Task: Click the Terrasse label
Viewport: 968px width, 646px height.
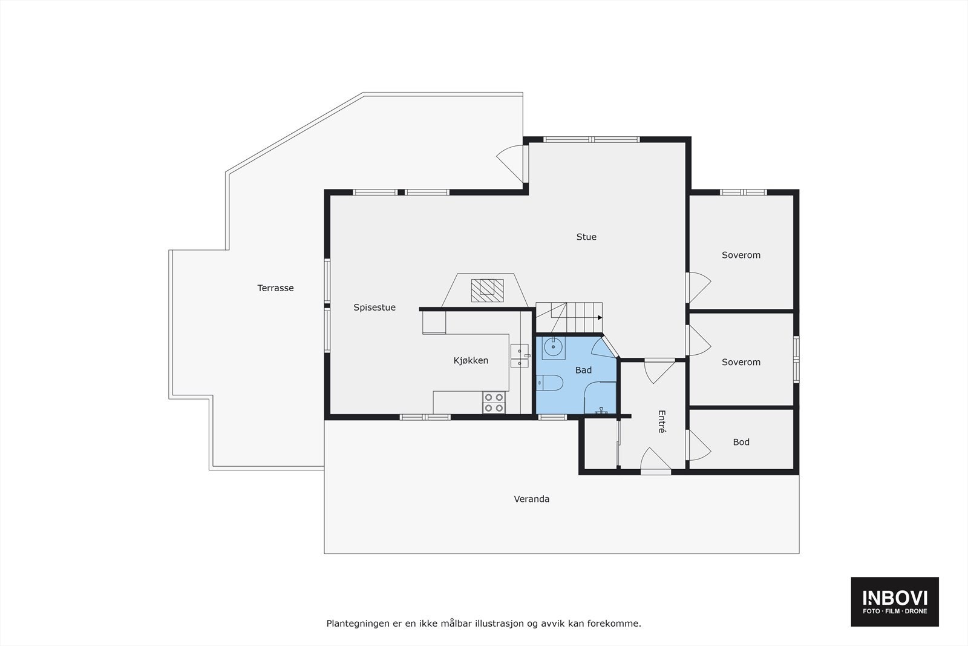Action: tap(275, 288)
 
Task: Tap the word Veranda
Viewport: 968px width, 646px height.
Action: tap(531, 499)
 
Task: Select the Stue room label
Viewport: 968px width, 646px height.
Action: tap(586, 237)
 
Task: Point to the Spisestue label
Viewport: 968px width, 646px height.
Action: tap(374, 308)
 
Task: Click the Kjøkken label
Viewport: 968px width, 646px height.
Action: tap(471, 361)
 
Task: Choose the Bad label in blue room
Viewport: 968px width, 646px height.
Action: tap(583, 370)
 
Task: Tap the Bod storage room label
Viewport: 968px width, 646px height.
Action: tap(741, 442)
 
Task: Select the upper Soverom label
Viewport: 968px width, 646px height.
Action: tap(741, 255)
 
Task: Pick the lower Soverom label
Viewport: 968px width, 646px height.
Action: tap(741, 362)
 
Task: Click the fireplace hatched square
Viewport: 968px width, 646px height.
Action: tap(488, 290)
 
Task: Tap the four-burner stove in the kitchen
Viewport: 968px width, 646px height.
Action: tap(494, 403)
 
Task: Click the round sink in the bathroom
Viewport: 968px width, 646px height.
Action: tap(553, 348)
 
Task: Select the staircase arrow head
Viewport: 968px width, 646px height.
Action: tap(600, 317)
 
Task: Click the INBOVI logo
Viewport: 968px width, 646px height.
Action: tap(894, 601)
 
